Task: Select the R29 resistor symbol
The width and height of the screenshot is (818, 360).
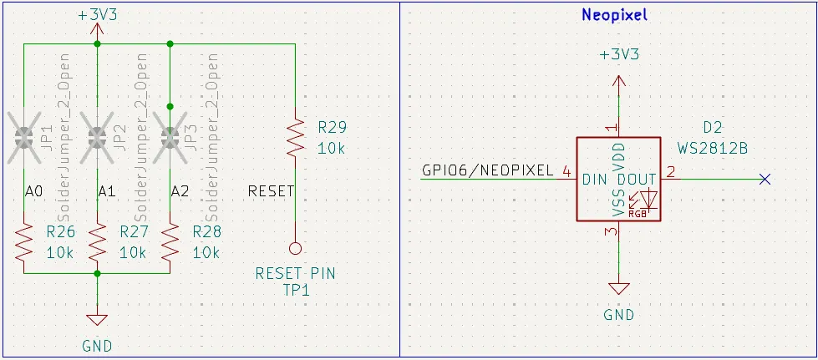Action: click(294, 138)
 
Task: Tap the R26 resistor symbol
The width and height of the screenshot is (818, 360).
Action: click(24, 241)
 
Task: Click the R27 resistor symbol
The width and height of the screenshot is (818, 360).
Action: click(98, 241)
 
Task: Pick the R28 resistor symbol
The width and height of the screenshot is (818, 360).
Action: click(170, 241)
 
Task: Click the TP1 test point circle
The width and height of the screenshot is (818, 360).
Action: click(294, 248)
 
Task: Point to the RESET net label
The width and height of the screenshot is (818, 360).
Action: click(272, 191)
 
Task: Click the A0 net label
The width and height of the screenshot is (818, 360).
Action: click(33, 191)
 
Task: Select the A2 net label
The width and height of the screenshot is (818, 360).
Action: click(180, 191)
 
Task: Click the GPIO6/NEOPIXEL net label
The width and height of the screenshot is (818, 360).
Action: click(488, 171)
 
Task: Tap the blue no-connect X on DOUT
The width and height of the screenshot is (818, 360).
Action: click(764, 179)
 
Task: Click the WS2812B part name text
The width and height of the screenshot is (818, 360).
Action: click(712, 148)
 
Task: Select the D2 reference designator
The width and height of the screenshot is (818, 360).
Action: click(712, 128)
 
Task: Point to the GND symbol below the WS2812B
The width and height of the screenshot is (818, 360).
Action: click(618, 289)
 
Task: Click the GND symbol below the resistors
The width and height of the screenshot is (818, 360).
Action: click(98, 319)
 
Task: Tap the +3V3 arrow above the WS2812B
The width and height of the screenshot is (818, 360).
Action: click(618, 80)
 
